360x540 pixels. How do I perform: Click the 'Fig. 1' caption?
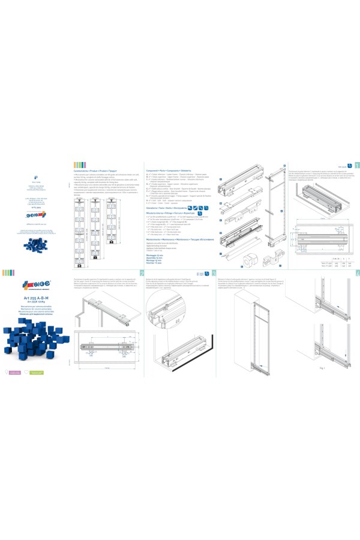click(322, 383)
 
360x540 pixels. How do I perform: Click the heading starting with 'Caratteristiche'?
click(97, 163)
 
